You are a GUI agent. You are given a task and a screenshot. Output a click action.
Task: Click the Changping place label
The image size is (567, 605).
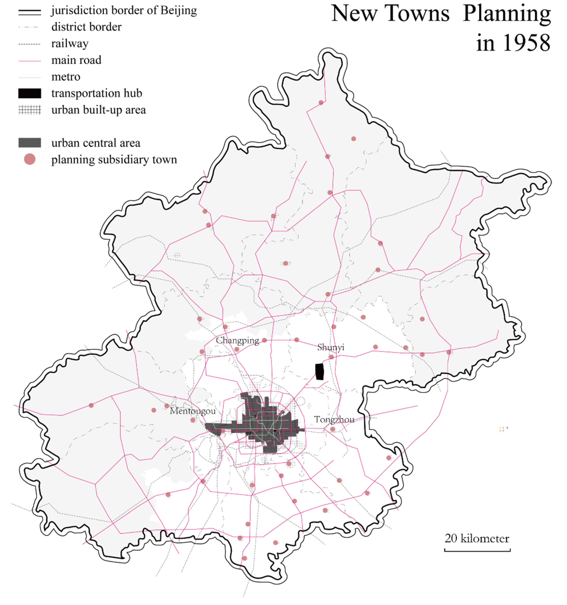(237, 340)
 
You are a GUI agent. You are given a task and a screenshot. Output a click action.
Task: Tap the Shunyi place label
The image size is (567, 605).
(330, 347)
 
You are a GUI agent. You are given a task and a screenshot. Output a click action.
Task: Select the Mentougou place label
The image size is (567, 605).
(193, 411)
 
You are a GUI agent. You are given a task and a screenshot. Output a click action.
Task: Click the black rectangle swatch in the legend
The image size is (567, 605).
(30, 93)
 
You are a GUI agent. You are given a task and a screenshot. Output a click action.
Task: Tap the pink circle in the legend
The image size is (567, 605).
(30, 159)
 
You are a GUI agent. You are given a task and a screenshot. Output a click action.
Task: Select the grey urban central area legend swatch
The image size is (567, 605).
(30, 143)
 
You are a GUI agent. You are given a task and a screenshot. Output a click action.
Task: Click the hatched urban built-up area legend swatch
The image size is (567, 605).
(30, 110)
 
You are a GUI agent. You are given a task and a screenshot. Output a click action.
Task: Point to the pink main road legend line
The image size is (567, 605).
(30, 61)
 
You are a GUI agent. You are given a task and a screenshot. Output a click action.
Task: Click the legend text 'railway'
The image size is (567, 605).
(70, 44)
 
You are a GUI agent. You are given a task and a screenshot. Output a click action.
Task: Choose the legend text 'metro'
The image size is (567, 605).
(66, 77)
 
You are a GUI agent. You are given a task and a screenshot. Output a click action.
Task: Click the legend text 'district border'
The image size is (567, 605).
(86, 27)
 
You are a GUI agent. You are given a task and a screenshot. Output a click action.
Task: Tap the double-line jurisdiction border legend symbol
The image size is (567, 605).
(30, 12)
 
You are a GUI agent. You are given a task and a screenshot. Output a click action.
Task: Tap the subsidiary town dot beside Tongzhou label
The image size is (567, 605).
(332, 429)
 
